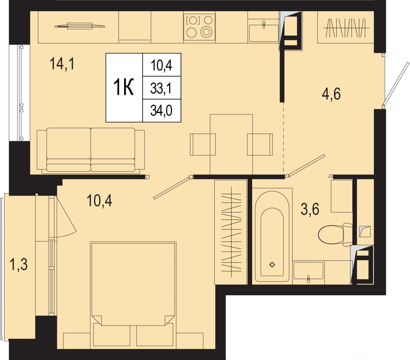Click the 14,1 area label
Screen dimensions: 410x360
(x=62, y=64)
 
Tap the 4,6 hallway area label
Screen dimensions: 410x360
(x=331, y=94)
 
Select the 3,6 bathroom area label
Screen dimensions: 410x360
(x=310, y=209)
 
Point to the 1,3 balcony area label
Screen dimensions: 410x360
(x=18, y=264)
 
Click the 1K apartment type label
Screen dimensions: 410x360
(x=123, y=87)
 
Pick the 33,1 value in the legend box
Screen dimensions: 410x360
(x=161, y=89)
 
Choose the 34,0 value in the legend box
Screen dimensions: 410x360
(x=161, y=111)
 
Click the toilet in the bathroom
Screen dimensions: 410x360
(x=335, y=235)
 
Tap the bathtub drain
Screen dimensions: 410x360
(x=272, y=264)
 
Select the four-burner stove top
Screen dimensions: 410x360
(x=199, y=27)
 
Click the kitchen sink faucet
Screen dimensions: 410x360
(x=264, y=25)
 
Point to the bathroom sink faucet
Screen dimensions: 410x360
(x=309, y=279)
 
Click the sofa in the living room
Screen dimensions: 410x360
(x=91, y=150)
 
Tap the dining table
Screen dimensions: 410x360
(x=231, y=144)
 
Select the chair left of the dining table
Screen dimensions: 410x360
(x=203, y=144)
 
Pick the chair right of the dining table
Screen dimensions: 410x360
(x=260, y=144)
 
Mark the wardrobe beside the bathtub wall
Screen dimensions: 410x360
(x=231, y=232)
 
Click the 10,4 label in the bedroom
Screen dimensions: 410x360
(x=99, y=200)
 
